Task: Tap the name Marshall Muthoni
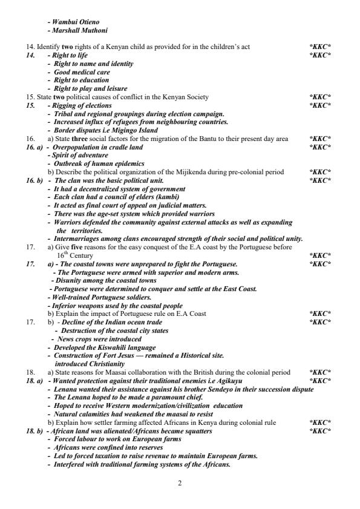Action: coord(81,30)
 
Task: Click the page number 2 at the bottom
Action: coord(180,482)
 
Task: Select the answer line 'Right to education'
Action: coord(82,80)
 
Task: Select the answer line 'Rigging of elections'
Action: coord(82,105)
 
